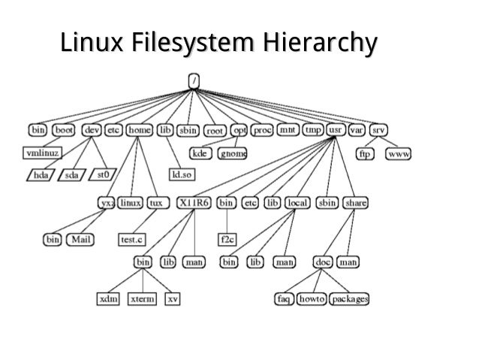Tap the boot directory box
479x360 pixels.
coord(63,130)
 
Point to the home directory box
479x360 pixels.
coord(140,130)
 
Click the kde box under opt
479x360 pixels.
coord(200,153)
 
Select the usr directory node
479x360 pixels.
coord(336,130)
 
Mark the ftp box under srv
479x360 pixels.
coord(366,153)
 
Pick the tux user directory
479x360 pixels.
coord(155,203)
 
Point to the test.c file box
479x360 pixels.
coord(132,241)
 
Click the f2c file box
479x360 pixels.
coord(226,241)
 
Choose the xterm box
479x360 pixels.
coord(142,299)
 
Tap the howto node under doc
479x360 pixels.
coord(311,299)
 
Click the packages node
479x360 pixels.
coord(348,299)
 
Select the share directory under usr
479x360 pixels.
coord(355,203)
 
